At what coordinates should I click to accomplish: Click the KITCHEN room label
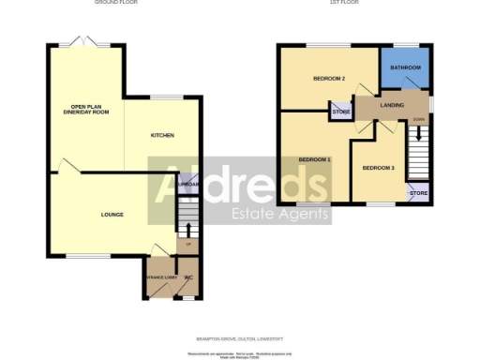(162, 136)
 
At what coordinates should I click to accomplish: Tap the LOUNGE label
(112, 216)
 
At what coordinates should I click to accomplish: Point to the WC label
(188, 277)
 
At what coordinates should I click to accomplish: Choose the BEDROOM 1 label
(315, 160)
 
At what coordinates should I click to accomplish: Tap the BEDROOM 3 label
(378, 168)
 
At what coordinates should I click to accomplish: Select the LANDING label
(392, 105)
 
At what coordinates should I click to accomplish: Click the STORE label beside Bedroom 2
(339, 113)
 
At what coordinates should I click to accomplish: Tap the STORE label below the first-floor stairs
(418, 194)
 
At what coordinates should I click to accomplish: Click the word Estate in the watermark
(254, 215)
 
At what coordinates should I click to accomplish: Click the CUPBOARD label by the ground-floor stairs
(187, 186)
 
